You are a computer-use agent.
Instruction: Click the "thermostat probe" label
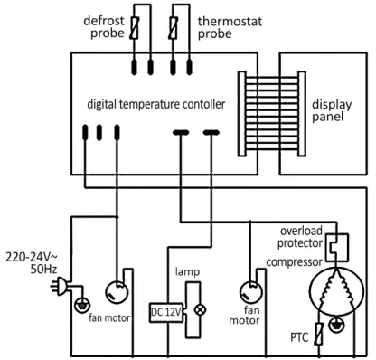pos(227,26)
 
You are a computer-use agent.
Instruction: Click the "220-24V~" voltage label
pos(33,256)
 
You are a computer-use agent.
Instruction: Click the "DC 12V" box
pos(164,312)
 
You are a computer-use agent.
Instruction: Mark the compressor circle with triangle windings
pos(337,294)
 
